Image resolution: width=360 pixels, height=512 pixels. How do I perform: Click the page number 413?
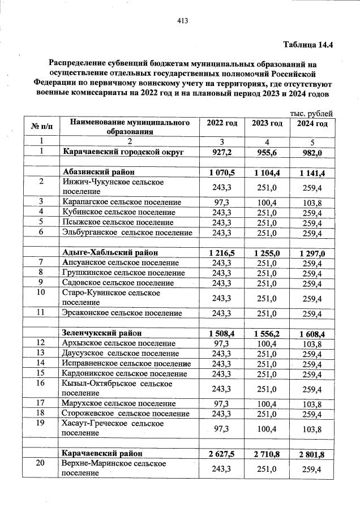click(x=182, y=21)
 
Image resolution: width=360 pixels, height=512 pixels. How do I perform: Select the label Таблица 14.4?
click(x=307, y=45)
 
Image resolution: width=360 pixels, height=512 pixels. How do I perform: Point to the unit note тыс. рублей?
click(x=311, y=113)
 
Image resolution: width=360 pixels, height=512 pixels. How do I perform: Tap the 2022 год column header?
click(x=221, y=123)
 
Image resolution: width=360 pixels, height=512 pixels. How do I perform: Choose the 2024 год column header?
click(x=312, y=123)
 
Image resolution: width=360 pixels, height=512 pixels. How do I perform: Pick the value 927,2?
click(x=221, y=152)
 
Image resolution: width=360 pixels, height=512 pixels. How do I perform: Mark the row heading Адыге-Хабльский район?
click(x=110, y=252)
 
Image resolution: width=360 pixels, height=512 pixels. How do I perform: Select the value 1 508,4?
click(x=221, y=333)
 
